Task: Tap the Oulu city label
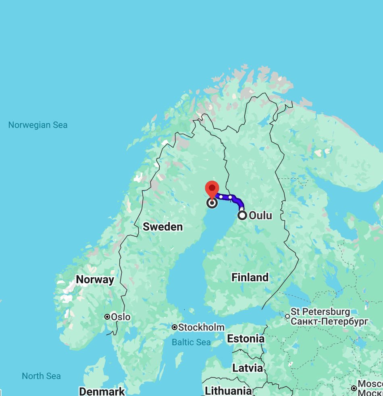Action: [260, 215]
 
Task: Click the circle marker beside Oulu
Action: [242, 215]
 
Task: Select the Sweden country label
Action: [163, 227]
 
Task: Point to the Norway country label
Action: [95, 279]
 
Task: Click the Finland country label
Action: [250, 277]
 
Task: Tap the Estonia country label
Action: [246, 339]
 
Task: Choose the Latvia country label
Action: [247, 368]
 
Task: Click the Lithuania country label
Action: [228, 391]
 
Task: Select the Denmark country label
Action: [102, 391]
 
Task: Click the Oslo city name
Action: [121, 317]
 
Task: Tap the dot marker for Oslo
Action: [107, 317]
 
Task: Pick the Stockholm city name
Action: [201, 327]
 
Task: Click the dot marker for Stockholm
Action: [175, 327]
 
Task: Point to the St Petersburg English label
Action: [321, 312]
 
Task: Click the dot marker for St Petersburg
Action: [287, 316]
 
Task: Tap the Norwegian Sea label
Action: [38, 125]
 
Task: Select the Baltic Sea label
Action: [191, 342]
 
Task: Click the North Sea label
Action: [41, 376]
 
